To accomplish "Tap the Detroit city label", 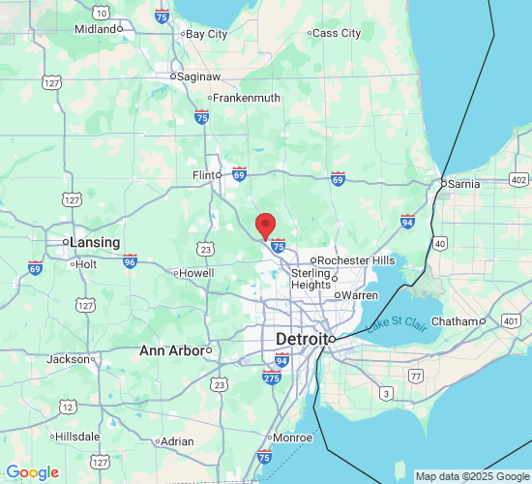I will (x=301, y=339).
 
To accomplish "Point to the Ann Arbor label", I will (x=170, y=350).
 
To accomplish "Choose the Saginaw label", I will (x=198, y=76).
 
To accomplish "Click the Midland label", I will (x=95, y=29).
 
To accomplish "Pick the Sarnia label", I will (x=464, y=184).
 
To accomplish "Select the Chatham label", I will (x=455, y=321).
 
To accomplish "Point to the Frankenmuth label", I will (x=246, y=98).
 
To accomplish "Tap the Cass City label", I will (x=337, y=33).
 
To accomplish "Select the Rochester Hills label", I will (x=356, y=260).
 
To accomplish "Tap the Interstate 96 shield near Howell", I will (x=130, y=260).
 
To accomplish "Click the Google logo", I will (x=32, y=472).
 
